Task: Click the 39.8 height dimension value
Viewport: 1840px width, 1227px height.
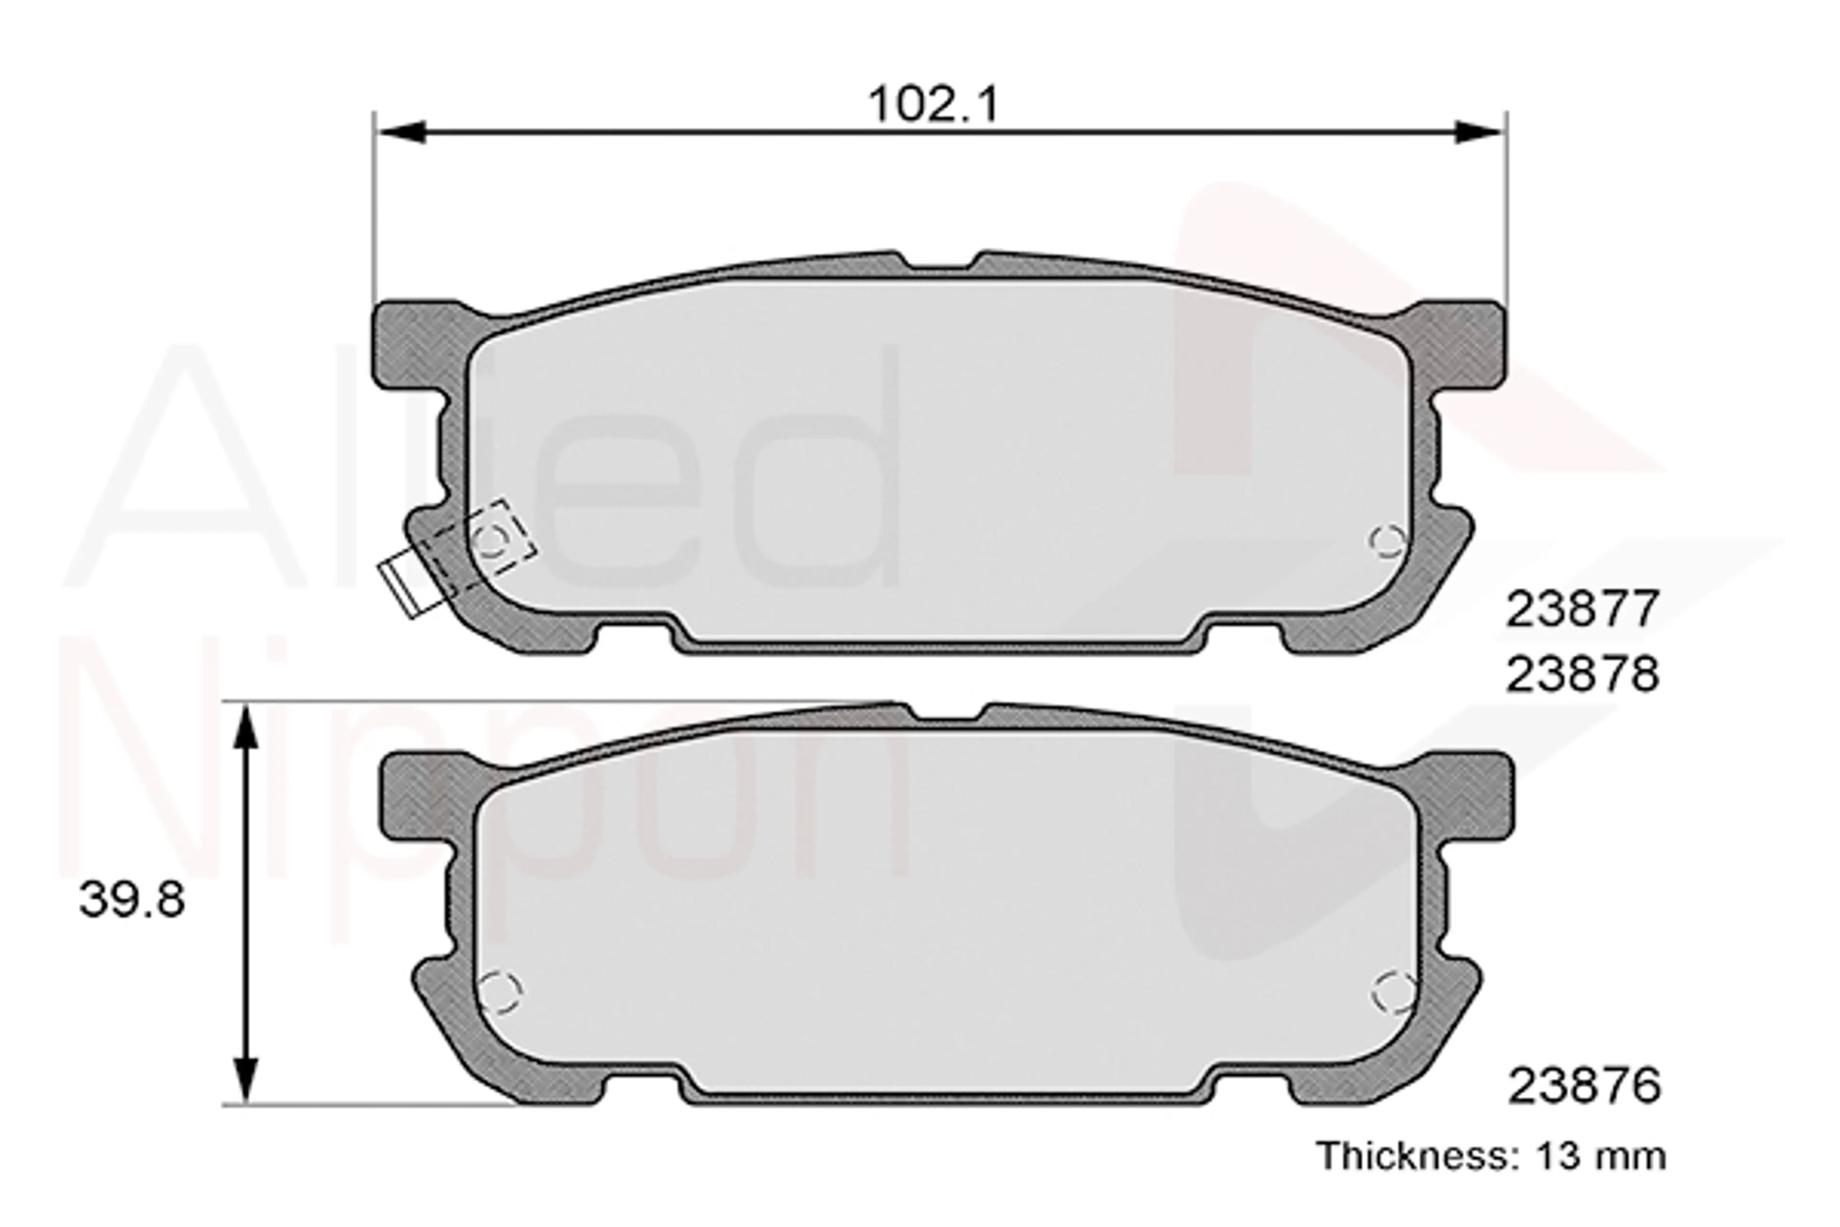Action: click(x=132, y=900)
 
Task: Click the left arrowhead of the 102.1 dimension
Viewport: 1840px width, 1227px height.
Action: click(x=401, y=132)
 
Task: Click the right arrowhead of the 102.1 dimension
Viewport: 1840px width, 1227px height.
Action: click(x=1479, y=132)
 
